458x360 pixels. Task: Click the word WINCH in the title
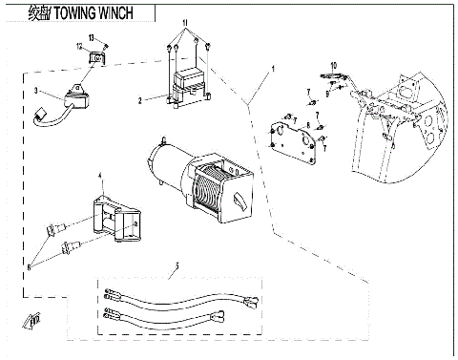pyautogui.click(x=128, y=12)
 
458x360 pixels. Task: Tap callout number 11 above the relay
pyautogui.click(x=185, y=21)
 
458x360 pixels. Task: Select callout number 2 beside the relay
pyautogui.click(x=140, y=99)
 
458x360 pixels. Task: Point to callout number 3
pyautogui.click(x=35, y=91)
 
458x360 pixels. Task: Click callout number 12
pyautogui.click(x=79, y=46)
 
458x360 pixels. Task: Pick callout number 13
pyautogui.click(x=93, y=36)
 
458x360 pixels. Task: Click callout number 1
pyautogui.click(x=272, y=69)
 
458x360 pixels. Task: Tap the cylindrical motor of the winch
pyautogui.click(x=168, y=162)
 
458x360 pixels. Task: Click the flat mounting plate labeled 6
pyautogui.click(x=293, y=139)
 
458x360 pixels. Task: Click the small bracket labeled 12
pyautogui.click(x=96, y=62)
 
